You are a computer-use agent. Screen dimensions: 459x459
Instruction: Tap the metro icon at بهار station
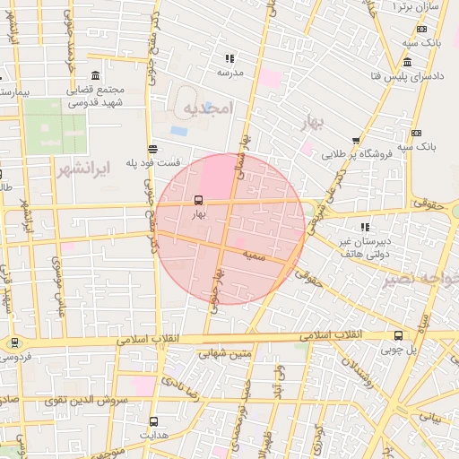(198, 201)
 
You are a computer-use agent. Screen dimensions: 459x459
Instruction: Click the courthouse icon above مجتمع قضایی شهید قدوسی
(96, 74)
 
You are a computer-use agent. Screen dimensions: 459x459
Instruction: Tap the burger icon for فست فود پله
(153, 150)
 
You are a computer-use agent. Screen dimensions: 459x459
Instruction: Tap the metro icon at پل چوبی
(398, 335)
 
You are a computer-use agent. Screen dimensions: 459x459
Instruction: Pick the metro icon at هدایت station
(153, 420)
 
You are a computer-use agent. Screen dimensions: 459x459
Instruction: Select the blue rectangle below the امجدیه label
(179, 131)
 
